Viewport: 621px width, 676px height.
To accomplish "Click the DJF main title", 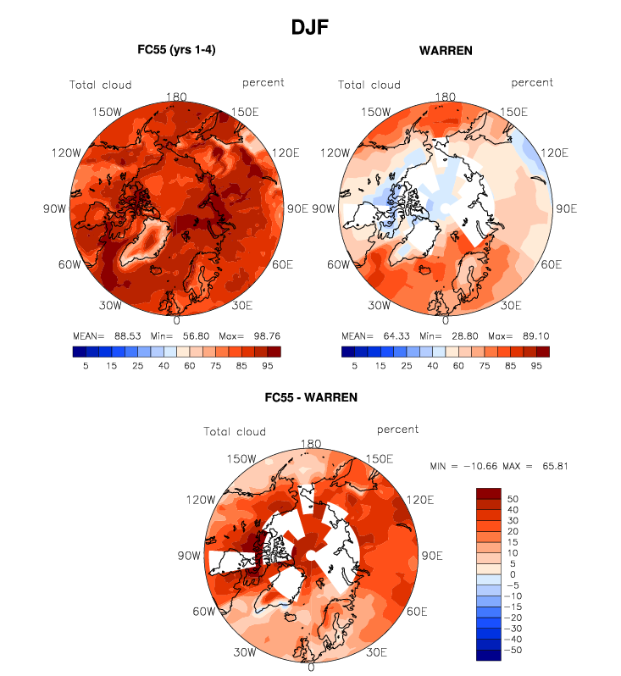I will (x=310, y=27).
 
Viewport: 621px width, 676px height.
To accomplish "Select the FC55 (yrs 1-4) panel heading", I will (x=176, y=50).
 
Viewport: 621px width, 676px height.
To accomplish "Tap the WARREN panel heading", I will (x=446, y=50).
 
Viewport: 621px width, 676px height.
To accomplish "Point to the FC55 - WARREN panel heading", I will (x=311, y=396).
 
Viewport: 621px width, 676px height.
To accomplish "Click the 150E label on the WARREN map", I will (x=513, y=112).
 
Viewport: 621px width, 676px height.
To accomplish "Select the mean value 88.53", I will (x=122, y=335).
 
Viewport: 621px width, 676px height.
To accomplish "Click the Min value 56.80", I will (x=183, y=335).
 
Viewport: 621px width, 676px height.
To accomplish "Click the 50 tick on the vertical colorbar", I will (x=512, y=500).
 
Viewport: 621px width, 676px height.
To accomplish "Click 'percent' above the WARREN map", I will (x=532, y=82).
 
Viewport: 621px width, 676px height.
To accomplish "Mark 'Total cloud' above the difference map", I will (x=235, y=431).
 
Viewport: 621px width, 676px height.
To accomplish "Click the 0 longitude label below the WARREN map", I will (x=446, y=320).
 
